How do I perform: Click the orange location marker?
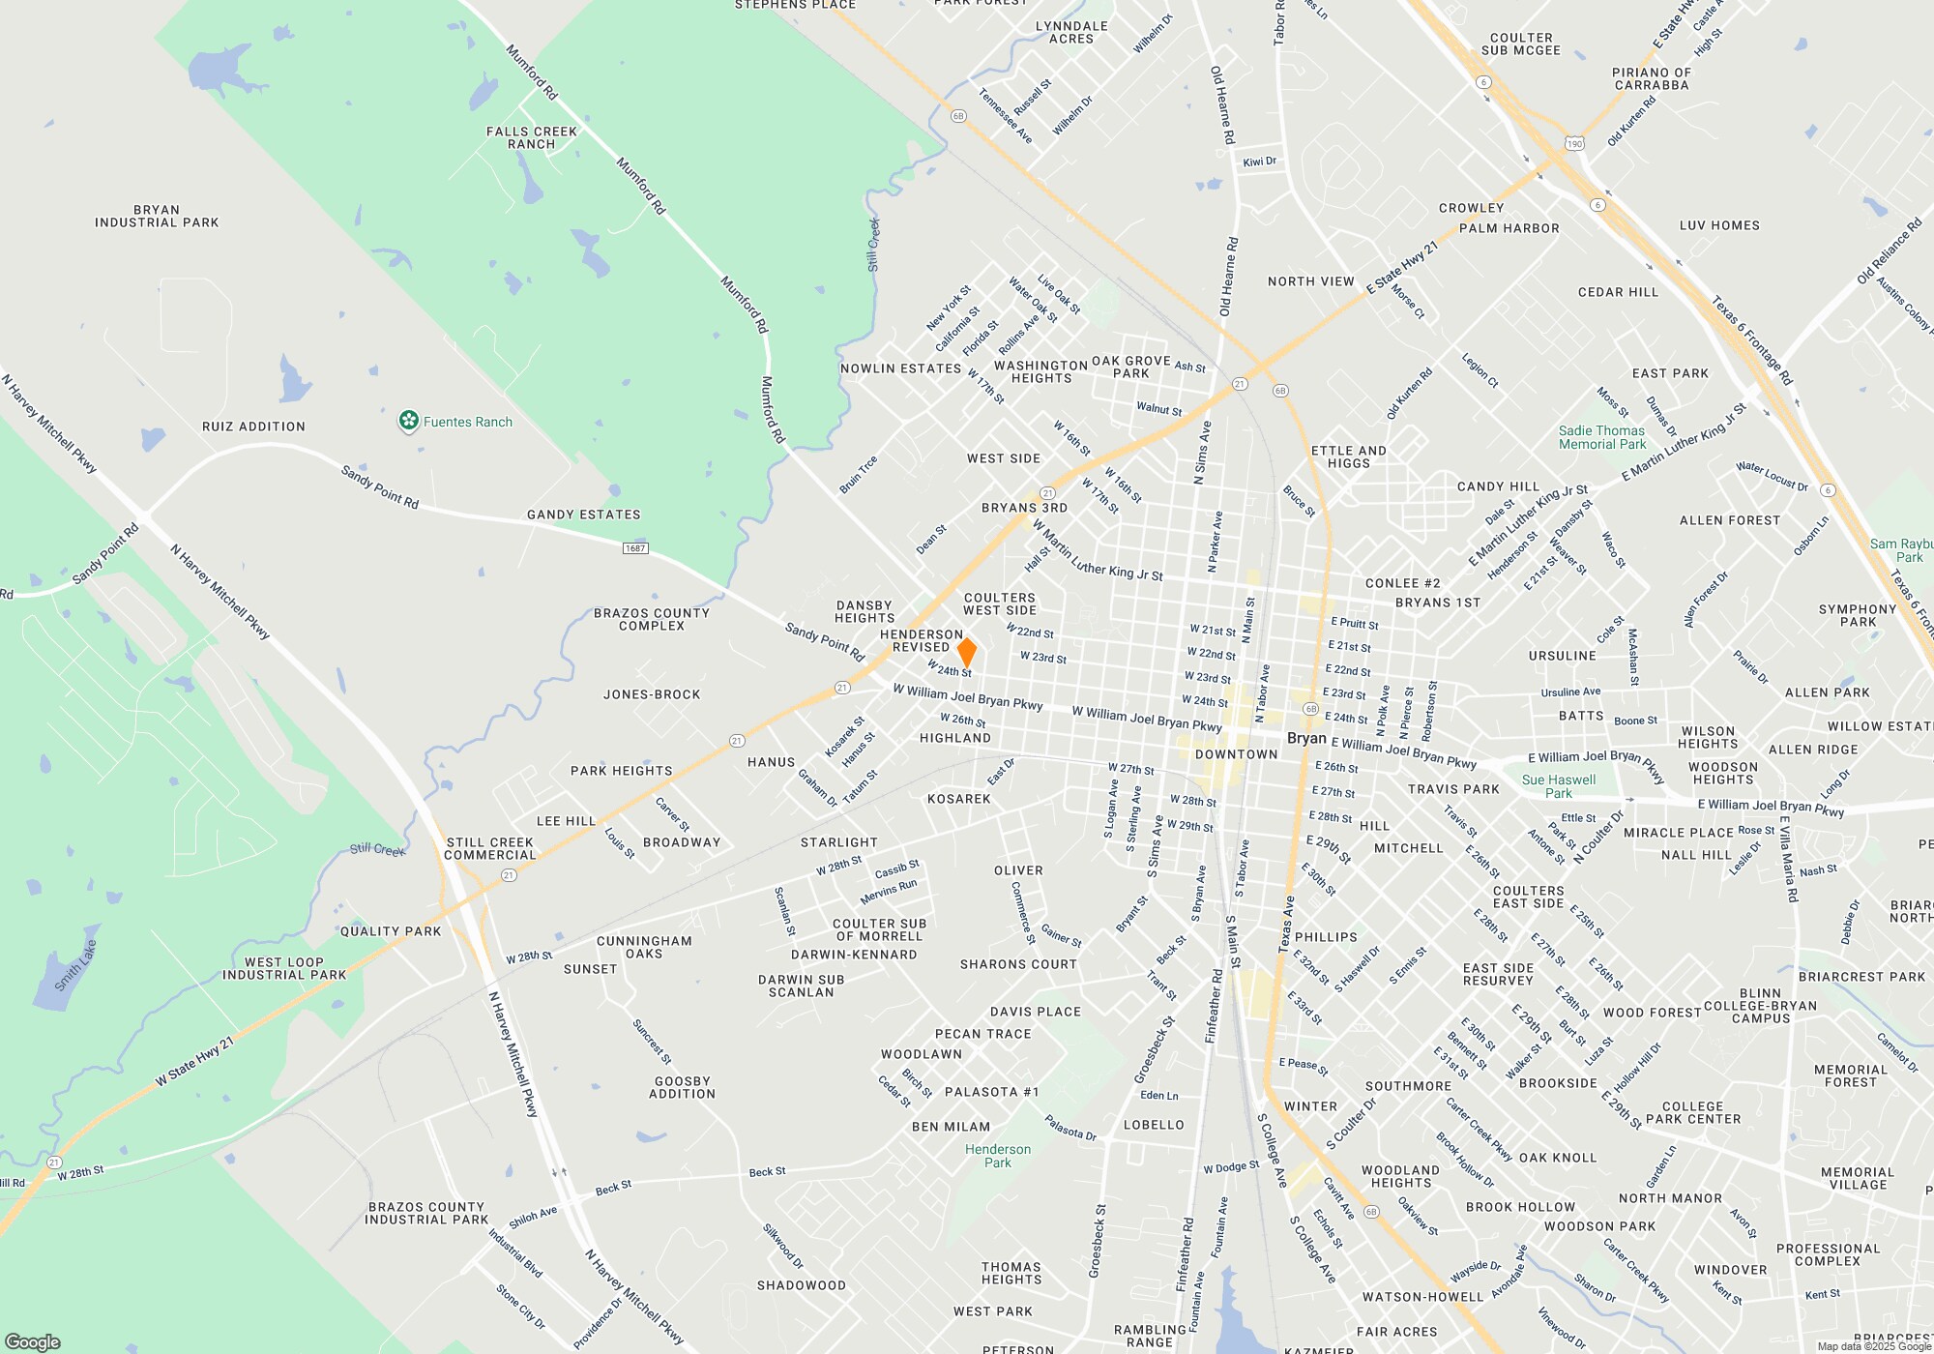coord(966,652)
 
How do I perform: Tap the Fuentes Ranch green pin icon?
coord(408,421)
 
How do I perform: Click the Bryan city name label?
coord(1306,738)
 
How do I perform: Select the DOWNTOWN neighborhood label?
coord(1236,754)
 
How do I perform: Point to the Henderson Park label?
coord(998,1156)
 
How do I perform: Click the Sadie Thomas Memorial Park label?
coord(1601,437)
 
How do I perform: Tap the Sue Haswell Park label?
coord(1559,786)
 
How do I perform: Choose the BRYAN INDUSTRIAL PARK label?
coord(157,216)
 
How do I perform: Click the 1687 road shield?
coord(635,548)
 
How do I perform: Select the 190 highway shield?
coord(1574,144)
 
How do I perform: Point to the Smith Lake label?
coord(75,965)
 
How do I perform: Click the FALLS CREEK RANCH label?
coord(532,137)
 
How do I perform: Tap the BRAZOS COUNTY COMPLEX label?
coord(652,619)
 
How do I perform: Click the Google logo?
coord(33,1342)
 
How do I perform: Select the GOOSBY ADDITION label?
coord(683,1087)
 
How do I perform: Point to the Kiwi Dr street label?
coord(1259,162)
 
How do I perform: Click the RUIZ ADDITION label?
coord(253,427)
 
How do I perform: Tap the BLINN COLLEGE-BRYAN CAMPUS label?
coord(1760,1006)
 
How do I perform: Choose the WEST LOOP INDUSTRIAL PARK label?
coord(284,968)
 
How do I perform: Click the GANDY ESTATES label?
coord(583,515)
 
